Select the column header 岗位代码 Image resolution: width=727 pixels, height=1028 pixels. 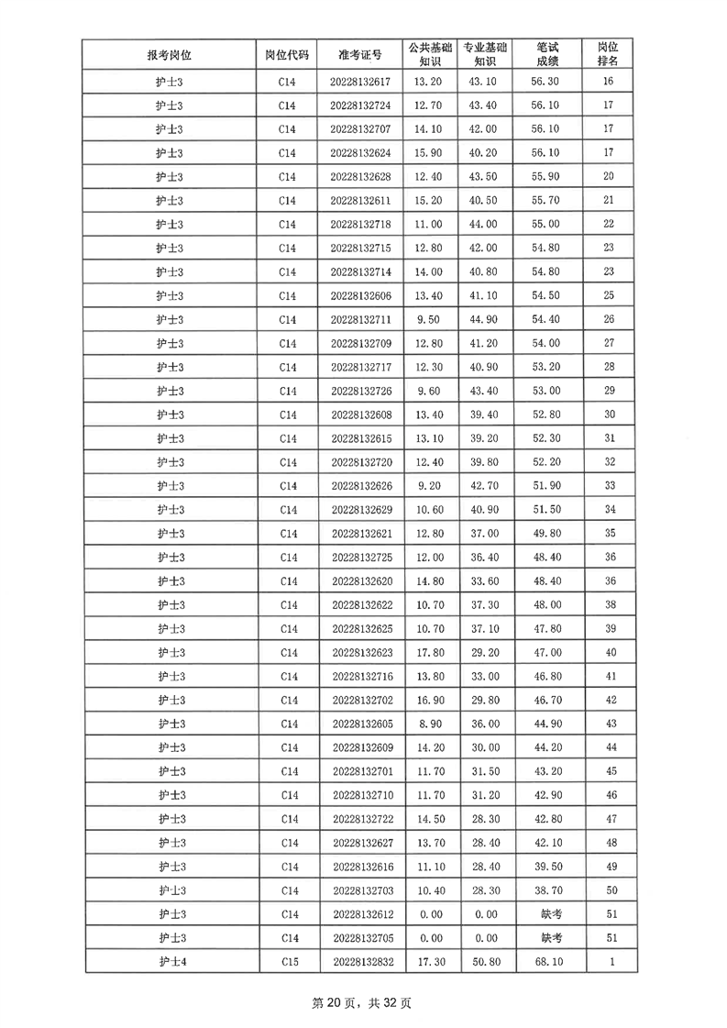[x=287, y=54]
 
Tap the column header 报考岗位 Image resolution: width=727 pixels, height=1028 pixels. [x=170, y=54]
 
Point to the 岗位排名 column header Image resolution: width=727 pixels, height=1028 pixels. [x=608, y=54]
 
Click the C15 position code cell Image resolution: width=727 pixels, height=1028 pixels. [x=288, y=961]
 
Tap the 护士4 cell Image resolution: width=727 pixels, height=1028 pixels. [x=170, y=961]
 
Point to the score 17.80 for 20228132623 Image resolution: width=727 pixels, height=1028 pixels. [x=429, y=652]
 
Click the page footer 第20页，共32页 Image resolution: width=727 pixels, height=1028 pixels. [x=362, y=1002]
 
